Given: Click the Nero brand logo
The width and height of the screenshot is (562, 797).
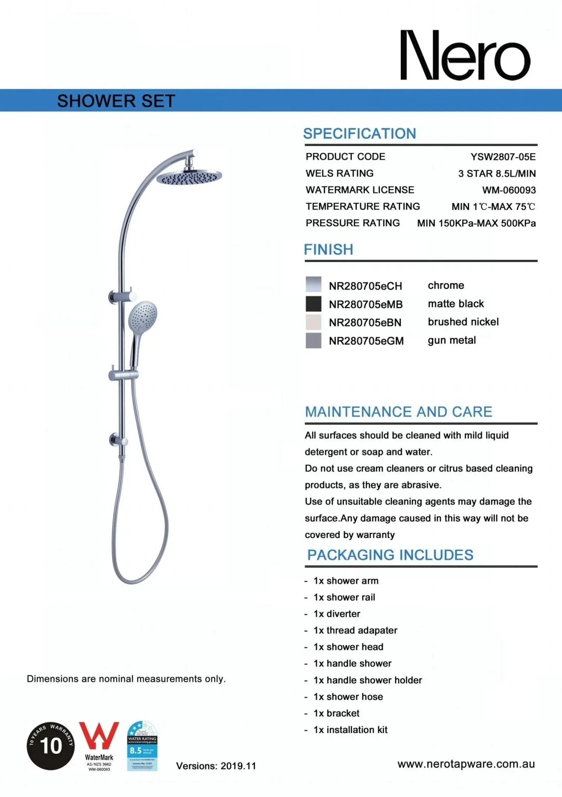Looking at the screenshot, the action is (465, 55).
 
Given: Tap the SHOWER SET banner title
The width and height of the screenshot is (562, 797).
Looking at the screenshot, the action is (116, 101).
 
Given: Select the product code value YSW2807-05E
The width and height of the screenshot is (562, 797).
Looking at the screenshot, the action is (503, 157).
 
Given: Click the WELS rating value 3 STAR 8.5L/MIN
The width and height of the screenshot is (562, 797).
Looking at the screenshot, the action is (497, 174).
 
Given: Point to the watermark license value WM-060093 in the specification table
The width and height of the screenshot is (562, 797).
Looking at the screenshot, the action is (509, 190).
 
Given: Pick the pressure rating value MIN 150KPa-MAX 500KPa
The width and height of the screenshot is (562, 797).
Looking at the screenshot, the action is (476, 223).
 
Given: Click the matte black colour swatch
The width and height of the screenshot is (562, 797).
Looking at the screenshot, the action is (314, 304).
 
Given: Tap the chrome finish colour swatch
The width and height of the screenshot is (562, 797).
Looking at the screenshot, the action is (314, 284).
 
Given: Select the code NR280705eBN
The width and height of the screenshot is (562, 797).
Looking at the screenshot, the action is (365, 323).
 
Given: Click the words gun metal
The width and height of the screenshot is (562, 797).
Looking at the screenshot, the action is (452, 341).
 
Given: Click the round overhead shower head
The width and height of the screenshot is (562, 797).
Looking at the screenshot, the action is (189, 177).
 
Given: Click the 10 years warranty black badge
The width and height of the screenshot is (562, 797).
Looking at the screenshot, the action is (51, 746).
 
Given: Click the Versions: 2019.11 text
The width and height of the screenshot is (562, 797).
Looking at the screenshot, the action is (216, 766).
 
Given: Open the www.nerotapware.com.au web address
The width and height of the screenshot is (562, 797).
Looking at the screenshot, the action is (466, 764).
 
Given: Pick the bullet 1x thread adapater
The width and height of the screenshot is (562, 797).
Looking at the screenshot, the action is (355, 630).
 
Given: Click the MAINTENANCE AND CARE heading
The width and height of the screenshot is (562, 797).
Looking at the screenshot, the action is (398, 412).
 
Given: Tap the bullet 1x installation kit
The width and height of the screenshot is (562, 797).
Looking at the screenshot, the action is (350, 730).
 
